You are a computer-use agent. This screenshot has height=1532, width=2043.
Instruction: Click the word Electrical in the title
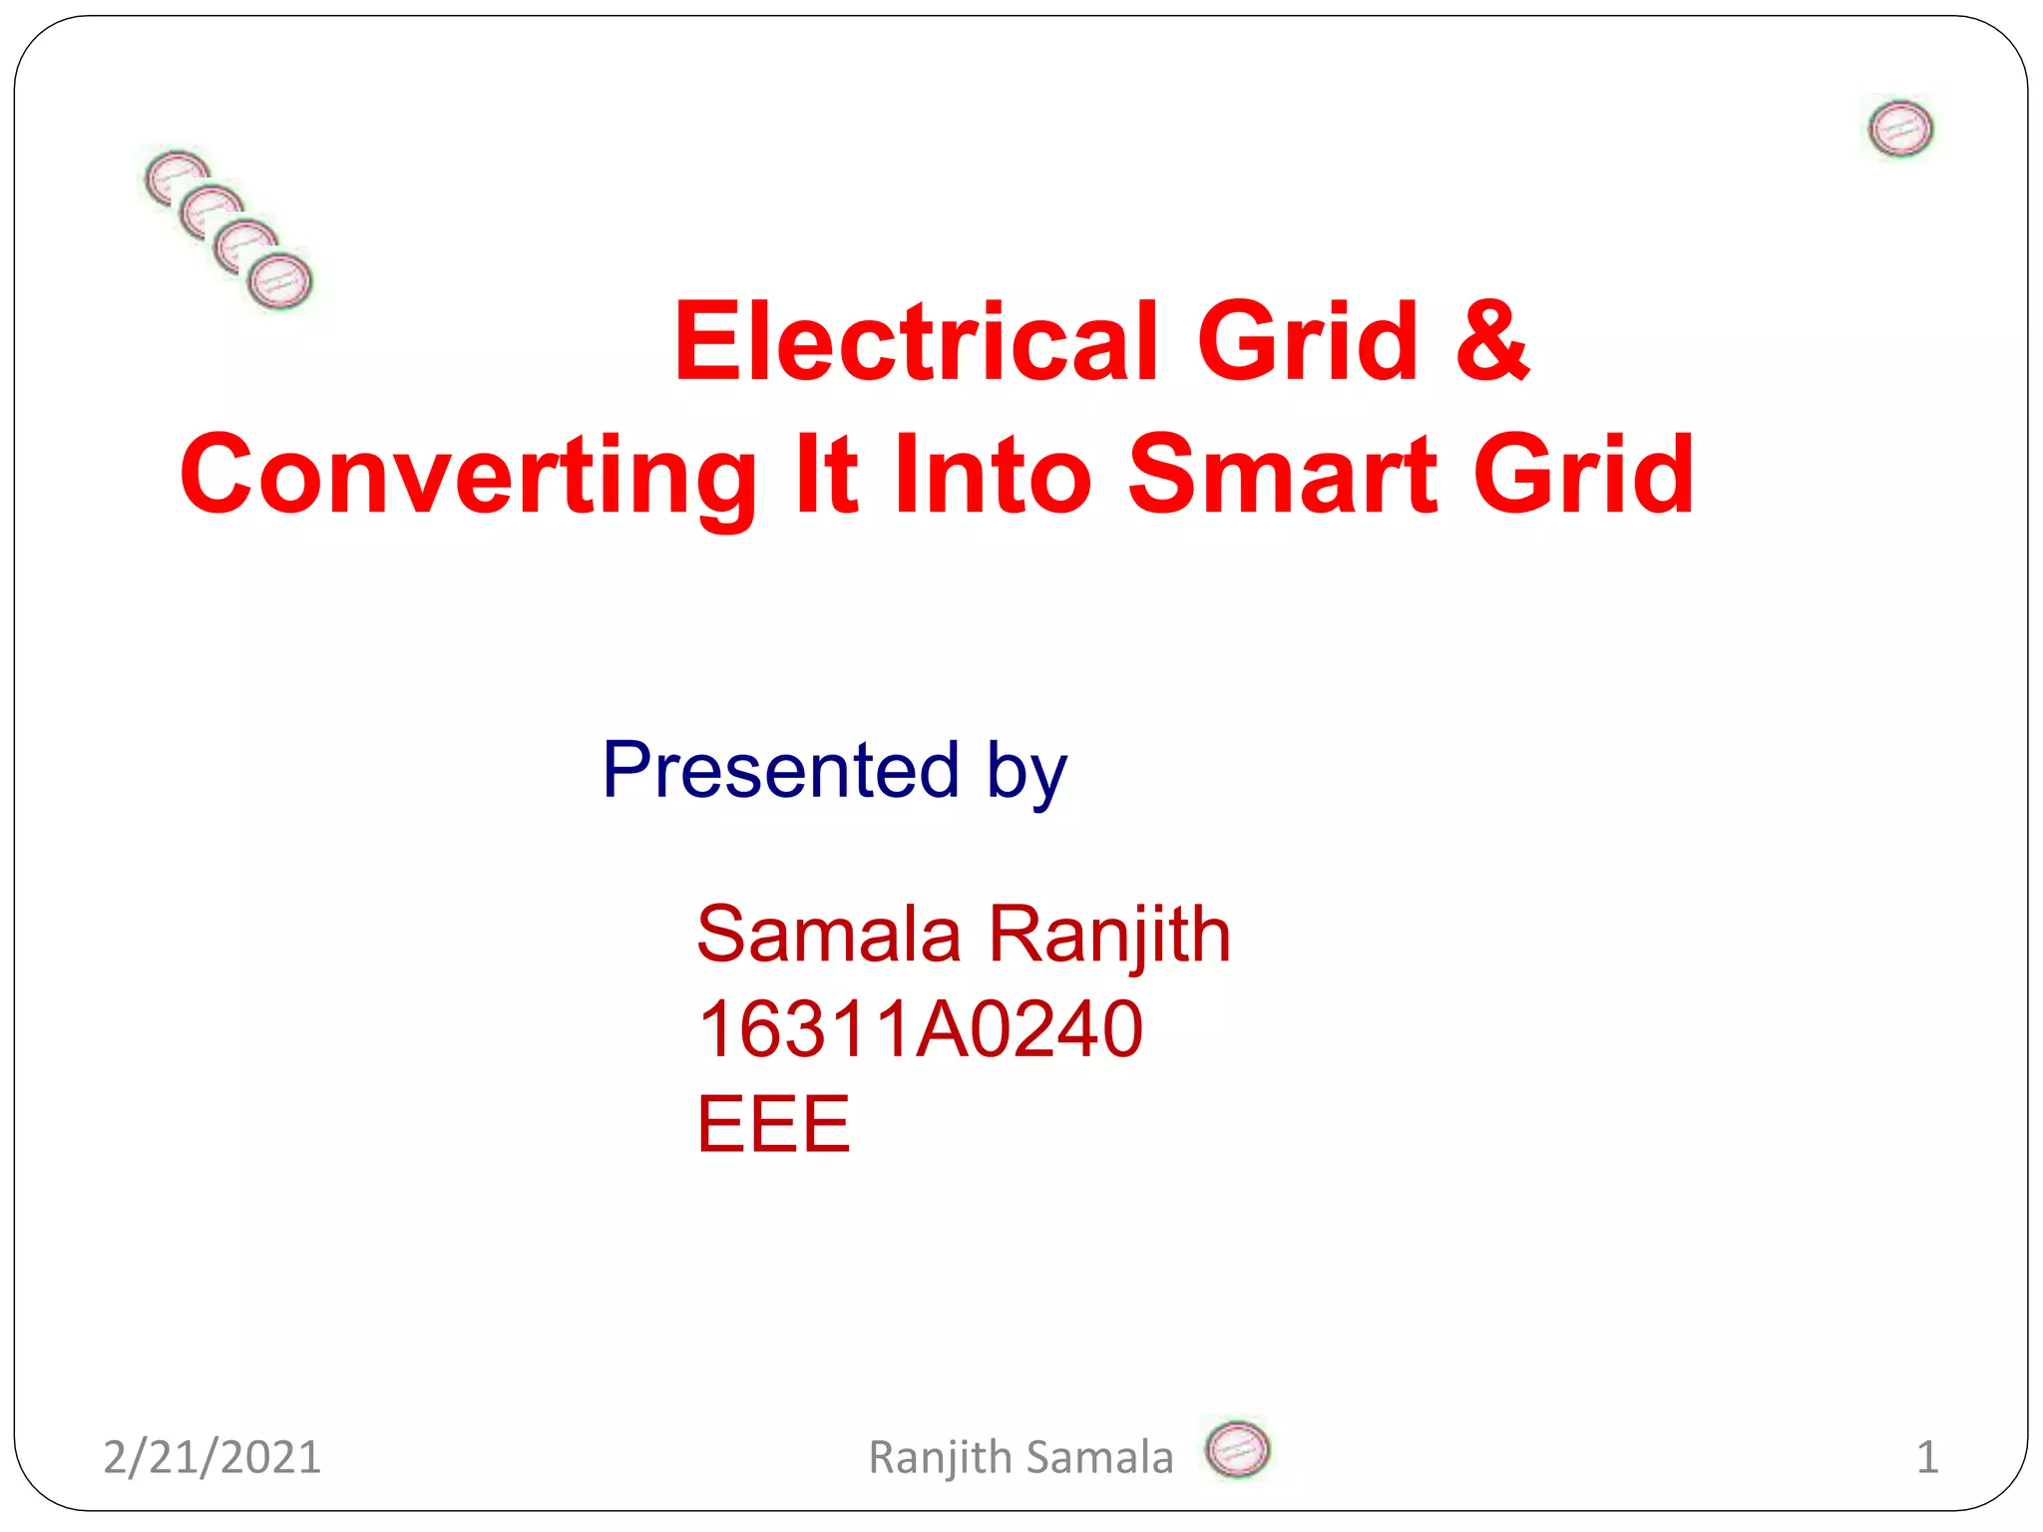916,342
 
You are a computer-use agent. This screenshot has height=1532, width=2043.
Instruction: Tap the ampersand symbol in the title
1491,342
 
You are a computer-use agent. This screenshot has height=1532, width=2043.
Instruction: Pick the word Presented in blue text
780,770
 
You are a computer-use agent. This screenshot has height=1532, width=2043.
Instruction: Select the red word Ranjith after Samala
1109,936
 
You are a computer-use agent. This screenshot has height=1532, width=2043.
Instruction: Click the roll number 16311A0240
920,1028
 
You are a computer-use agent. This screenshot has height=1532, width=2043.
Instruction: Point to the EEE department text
773,1124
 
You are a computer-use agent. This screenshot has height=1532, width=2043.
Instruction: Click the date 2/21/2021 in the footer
211,1457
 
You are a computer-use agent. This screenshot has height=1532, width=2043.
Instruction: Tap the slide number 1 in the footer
1926,1457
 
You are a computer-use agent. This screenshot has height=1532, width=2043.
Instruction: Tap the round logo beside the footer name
1237,1449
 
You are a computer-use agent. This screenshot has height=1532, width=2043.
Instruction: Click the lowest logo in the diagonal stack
280,281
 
